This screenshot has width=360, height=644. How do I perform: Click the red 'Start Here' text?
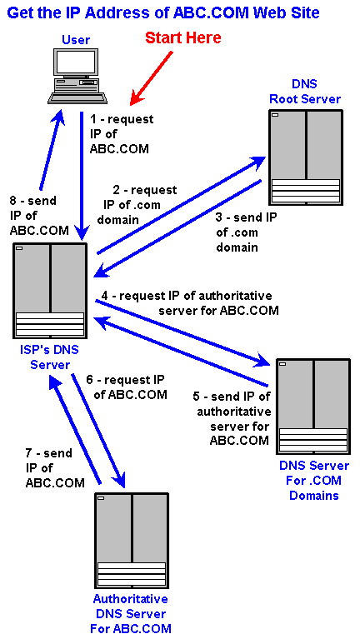coord(182,37)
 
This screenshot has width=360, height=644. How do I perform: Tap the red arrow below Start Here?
coord(152,77)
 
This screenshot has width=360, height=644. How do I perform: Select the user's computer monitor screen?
coord(77,63)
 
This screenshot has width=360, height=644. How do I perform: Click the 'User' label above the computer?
coord(76,40)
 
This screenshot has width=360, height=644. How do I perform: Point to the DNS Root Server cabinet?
coord(306,157)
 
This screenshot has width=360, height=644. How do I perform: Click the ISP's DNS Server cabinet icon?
coord(50,291)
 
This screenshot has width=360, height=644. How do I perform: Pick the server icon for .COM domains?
coord(313,407)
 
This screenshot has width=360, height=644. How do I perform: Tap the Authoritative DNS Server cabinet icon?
coord(132,540)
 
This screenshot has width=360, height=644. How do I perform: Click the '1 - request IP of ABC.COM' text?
coord(122,134)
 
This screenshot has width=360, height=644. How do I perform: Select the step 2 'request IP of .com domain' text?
coord(137,205)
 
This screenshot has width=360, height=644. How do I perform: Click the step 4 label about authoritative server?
coord(190,303)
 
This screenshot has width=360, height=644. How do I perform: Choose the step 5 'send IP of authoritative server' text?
coord(232,418)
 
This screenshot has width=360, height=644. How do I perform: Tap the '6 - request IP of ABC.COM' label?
coord(127,387)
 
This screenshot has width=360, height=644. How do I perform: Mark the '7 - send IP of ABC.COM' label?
coord(56,467)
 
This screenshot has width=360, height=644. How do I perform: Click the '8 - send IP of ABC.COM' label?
coord(39,216)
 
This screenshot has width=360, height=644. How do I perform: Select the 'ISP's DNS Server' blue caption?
coord(49,357)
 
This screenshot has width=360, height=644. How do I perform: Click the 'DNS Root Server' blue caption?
coord(305,91)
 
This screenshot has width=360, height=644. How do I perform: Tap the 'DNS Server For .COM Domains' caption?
coord(314,480)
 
